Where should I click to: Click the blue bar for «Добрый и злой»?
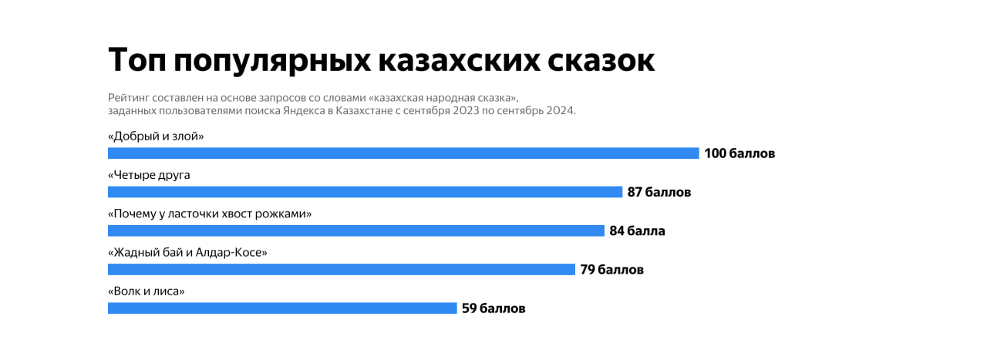tap(403, 153)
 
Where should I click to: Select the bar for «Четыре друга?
tap(365, 192)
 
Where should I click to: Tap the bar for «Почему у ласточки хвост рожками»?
tap(356, 230)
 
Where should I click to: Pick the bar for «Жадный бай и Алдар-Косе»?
tap(342, 269)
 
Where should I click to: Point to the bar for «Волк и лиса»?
tap(282, 308)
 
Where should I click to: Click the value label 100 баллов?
tap(739, 153)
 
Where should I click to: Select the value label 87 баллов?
tap(659, 192)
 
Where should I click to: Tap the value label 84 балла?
tap(637, 230)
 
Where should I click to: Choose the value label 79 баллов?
tap(611, 270)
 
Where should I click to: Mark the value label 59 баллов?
tap(493, 308)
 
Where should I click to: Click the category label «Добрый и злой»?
tap(156, 136)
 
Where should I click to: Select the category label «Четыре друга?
tap(149, 175)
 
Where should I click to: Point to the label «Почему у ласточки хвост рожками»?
tap(210, 214)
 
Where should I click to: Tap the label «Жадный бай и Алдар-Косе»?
tap(187, 252)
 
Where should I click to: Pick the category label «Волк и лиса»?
tap(147, 291)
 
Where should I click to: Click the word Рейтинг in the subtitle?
tap(130, 98)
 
